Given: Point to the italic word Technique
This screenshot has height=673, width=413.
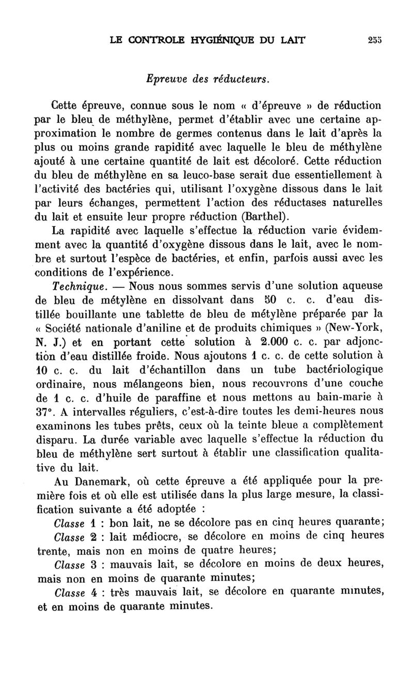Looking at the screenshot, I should pyautogui.click(x=80, y=286).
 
